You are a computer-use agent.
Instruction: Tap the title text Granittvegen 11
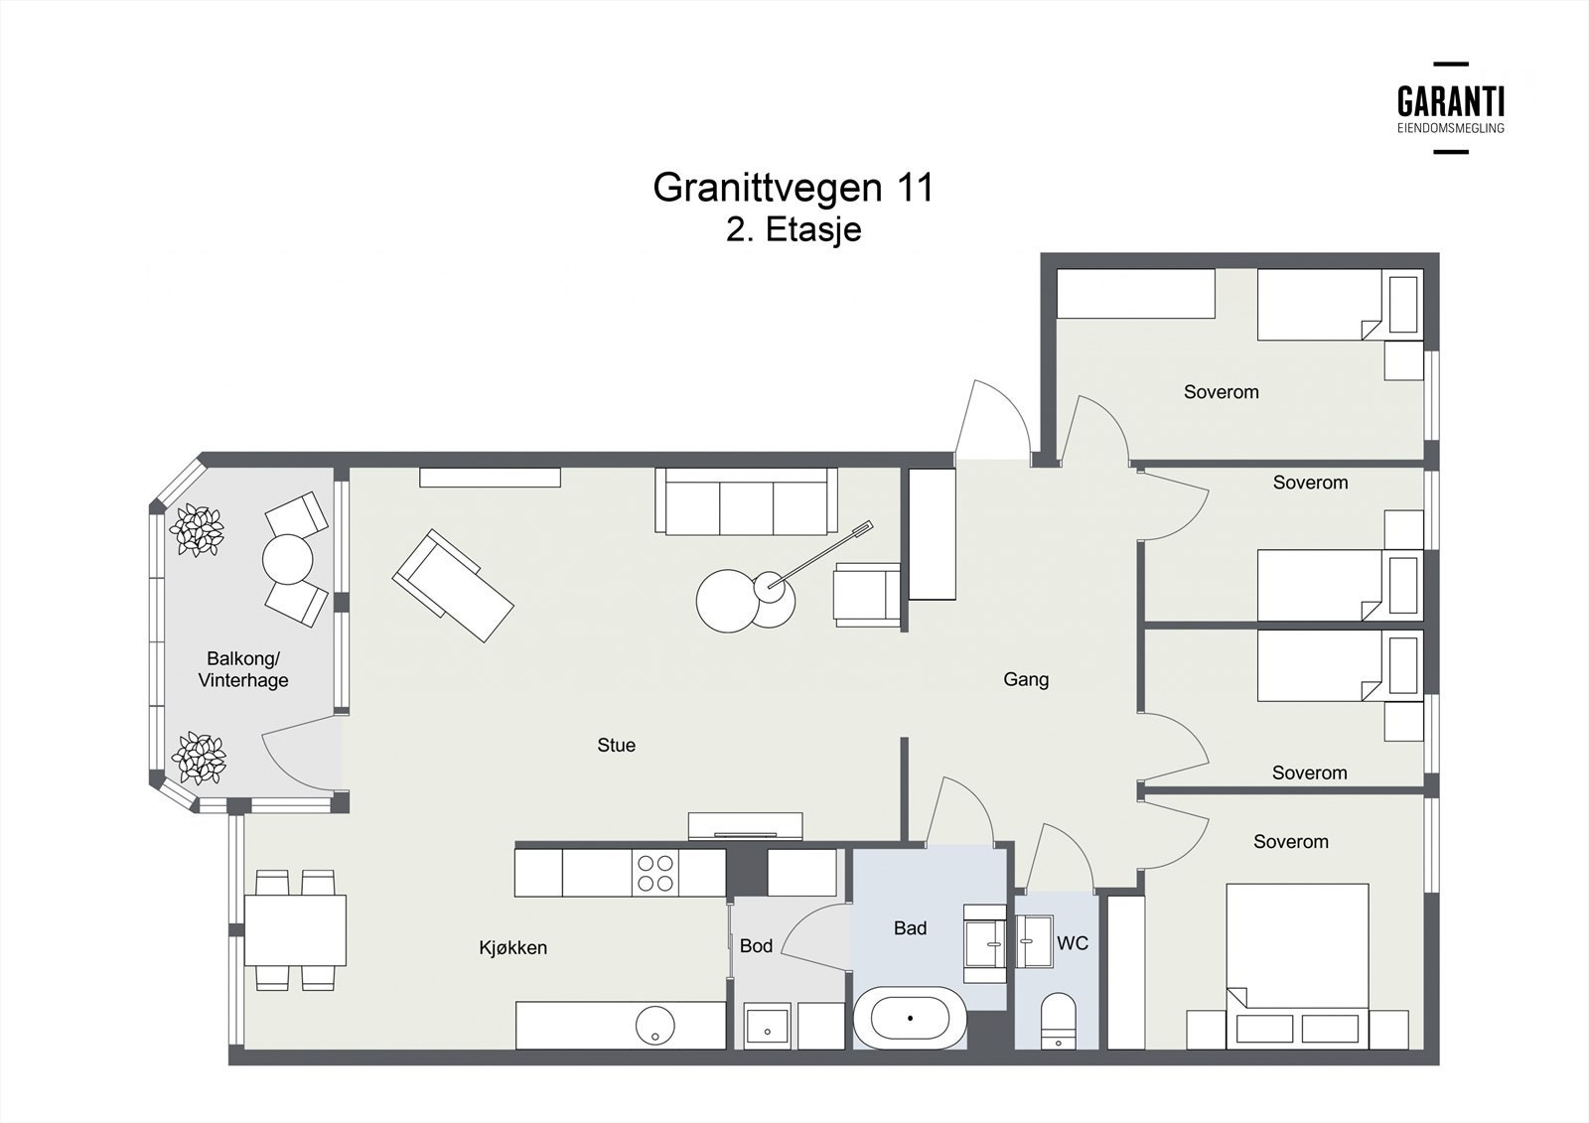point(794,188)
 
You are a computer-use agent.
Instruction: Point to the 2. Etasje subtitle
point(794,229)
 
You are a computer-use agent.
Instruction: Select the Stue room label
point(616,745)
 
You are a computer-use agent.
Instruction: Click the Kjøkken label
point(512,948)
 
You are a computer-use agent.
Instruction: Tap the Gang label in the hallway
point(1026,679)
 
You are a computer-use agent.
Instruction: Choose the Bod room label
point(756,945)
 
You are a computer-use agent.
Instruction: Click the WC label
point(1072,943)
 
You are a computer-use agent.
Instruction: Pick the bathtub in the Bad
point(910,1018)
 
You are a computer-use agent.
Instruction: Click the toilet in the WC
point(1058,1021)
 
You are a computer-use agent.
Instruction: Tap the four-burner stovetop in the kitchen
point(655,874)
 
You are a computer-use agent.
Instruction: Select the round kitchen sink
point(654,1025)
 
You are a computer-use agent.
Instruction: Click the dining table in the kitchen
point(295,930)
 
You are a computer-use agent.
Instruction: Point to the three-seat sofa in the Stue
point(746,500)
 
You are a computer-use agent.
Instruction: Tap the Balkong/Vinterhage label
point(243,669)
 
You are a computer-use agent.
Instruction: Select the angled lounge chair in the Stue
point(453,586)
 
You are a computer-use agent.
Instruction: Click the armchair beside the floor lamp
point(867,595)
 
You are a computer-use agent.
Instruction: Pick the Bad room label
point(910,928)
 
